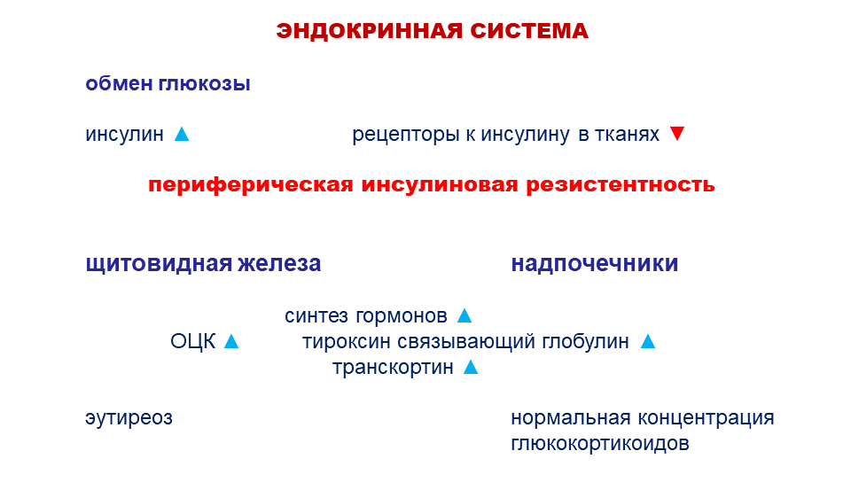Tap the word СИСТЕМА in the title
coord(529,31)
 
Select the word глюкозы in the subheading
coord(205,84)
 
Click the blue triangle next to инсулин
coord(182,134)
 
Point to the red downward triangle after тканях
coord(677,134)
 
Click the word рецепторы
coord(406,135)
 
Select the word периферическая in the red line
coord(251,185)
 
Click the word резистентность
coord(621,185)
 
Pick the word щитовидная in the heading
coord(159,264)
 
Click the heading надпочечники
coord(595,264)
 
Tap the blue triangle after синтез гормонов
coord(465,315)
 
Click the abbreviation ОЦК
coord(192,342)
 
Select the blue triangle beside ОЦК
coord(231,341)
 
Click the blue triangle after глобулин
coord(648,341)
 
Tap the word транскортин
coord(393,368)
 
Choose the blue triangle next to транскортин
coord(471,367)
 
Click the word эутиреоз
coord(129,418)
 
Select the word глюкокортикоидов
coord(600,444)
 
